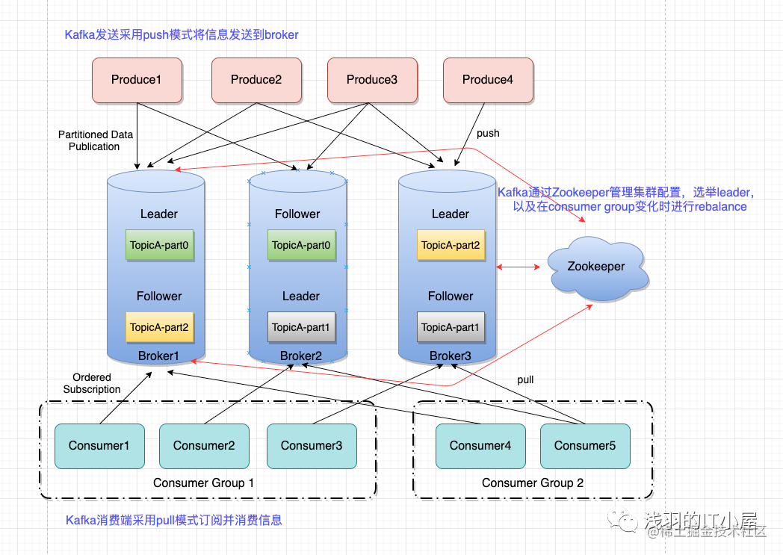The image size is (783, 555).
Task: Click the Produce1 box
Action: (x=137, y=81)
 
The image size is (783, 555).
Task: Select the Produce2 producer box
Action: (x=257, y=81)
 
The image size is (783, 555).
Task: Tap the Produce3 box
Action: (x=373, y=81)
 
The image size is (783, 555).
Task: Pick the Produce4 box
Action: (x=489, y=81)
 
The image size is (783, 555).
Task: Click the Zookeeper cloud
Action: (x=597, y=268)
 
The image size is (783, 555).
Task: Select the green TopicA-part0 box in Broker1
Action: (x=159, y=245)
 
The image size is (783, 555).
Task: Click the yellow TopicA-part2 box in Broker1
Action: (x=159, y=327)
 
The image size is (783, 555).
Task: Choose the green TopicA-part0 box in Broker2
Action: (x=301, y=245)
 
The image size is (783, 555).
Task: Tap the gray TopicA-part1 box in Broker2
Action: (x=301, y=327)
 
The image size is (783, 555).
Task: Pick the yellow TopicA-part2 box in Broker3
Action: (x=451, y=245)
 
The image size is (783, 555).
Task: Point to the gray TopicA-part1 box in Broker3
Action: (x=451, y=327)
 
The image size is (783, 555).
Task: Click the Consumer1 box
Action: (x=99, y=446)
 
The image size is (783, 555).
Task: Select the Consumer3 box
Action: (x=312, y=446)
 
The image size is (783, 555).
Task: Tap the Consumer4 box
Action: (x=480, y=446)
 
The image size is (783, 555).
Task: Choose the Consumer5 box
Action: (x=585, y=446)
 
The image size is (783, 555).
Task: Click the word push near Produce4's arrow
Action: (x=488, y=134)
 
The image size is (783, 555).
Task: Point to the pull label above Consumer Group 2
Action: (x=525, y=379)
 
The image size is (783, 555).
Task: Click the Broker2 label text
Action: (x=300, y=356)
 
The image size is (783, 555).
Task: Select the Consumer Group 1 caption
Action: (x=203, y=483)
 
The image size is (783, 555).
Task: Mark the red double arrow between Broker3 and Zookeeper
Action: (x=519, y=267)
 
